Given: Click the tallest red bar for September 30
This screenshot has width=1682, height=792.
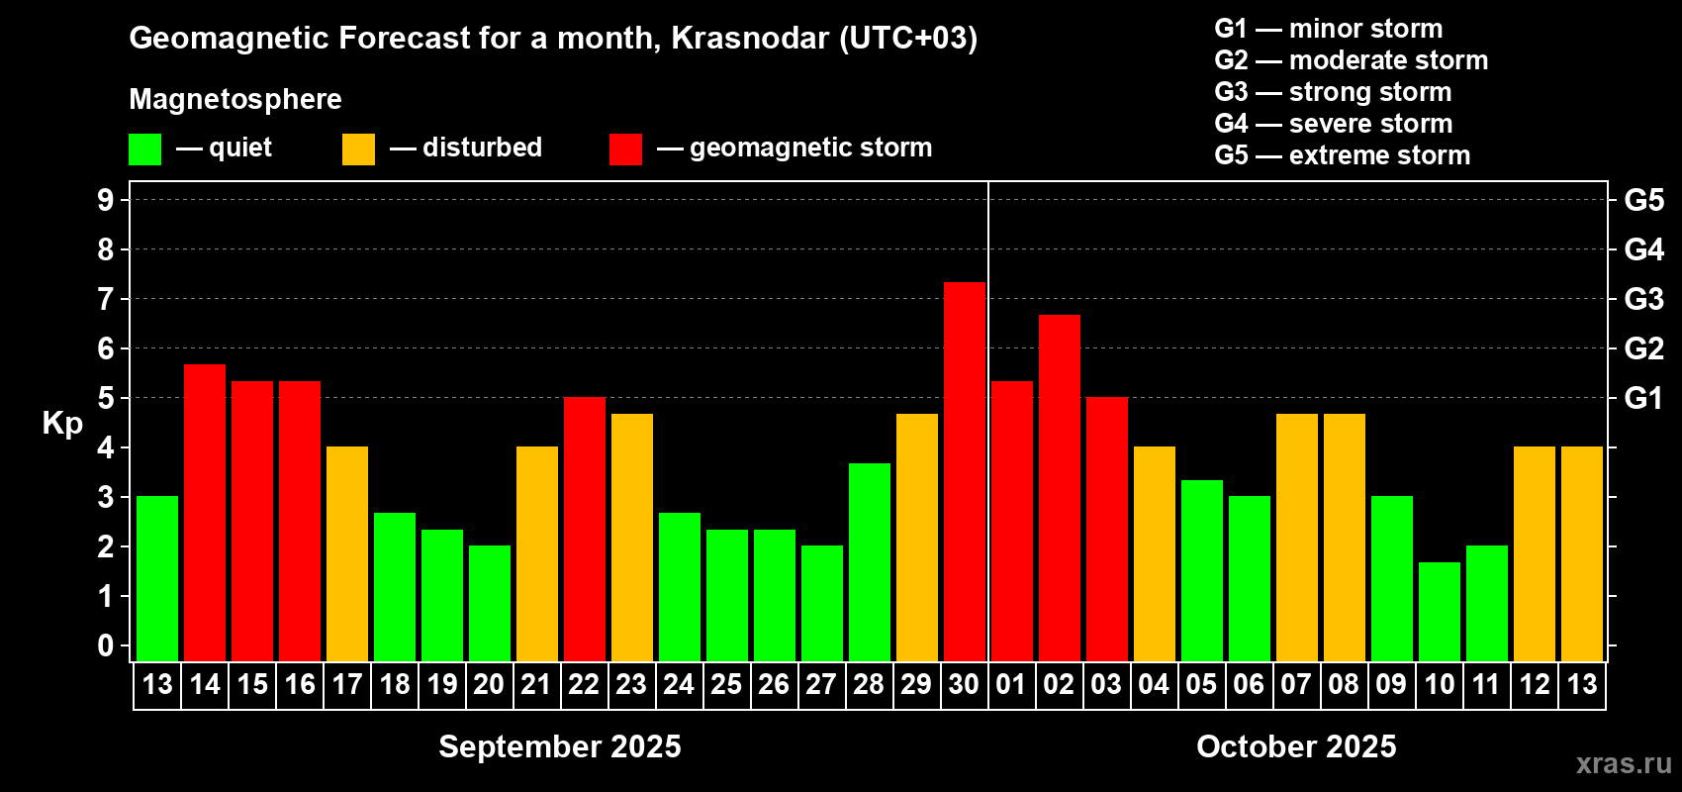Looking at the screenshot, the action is coord(964,471).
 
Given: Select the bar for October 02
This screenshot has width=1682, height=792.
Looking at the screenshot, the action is coord(1060,488).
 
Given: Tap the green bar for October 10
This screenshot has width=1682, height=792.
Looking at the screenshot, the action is coord(1440,612).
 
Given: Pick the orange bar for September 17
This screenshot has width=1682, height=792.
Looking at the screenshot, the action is coord(347,553).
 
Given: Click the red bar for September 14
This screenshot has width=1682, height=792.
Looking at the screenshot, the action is coord(204,513).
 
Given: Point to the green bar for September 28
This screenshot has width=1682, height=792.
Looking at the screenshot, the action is coord(870,562).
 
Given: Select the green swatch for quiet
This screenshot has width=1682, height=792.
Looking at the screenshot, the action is coord(144,148).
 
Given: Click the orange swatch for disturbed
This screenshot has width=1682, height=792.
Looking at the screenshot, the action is coord(358,148).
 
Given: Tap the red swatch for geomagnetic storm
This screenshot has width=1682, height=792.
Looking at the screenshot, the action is coord(625,148).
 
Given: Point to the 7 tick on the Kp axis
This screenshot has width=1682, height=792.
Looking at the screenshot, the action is coord(105,299).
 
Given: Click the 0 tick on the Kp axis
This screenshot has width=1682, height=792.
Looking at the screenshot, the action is coord(105,645).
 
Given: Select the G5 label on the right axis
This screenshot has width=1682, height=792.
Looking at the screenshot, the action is coord(1643,200).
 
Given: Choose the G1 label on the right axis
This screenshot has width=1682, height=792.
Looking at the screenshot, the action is coord(1643,398).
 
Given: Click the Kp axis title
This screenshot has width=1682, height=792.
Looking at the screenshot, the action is coord(62,424).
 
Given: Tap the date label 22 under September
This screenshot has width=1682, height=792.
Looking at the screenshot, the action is coord(584,684).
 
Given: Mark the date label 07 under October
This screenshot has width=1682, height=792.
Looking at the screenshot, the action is coord(1296,684).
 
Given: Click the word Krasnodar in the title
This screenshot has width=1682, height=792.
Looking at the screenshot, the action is coord(750,38).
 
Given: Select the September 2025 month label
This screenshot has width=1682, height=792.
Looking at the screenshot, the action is coord(559,746).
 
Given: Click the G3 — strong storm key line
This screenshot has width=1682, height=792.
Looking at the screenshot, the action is coord(1333,92).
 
